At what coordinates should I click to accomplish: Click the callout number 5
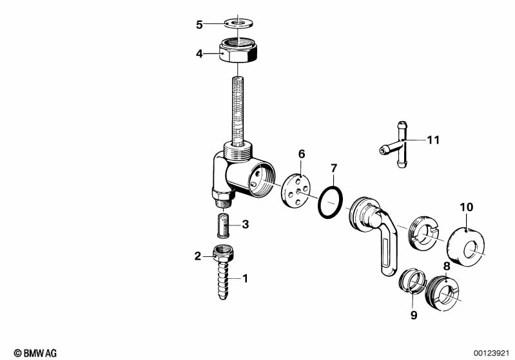[200, 25]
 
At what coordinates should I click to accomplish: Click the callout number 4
[200, 53]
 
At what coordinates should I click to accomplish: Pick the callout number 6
[302, 154]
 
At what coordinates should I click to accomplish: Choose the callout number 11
[434, 139]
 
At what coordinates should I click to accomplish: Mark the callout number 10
[466, 207]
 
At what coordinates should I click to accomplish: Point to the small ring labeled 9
[411, 281]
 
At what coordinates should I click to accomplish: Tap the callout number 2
[198, 256]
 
